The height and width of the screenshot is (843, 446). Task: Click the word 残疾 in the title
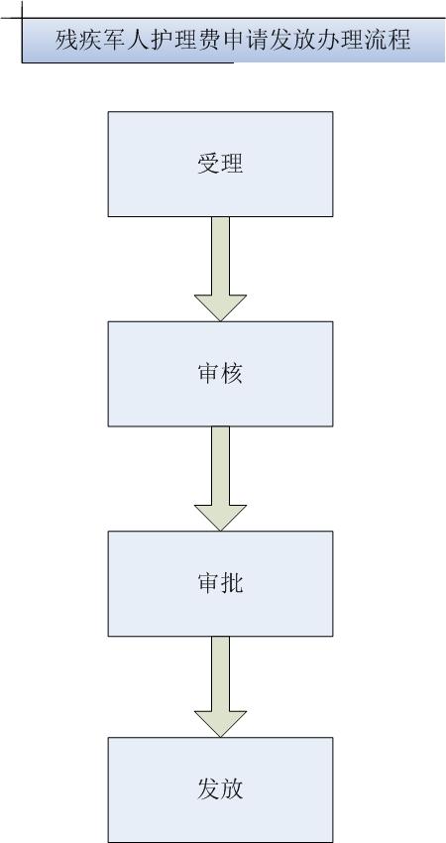click(80, 41)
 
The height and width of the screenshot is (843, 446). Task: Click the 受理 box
click(220, 164)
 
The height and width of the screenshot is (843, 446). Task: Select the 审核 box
click(220, 374)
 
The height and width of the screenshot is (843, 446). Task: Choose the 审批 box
click(220, 583)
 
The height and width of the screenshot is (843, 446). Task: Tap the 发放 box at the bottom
click(220, 789)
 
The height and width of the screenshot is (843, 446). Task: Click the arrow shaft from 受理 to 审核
click(220, 256)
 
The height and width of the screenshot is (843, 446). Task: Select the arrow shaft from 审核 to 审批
click(220, 465)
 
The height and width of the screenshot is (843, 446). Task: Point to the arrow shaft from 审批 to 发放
click(220, 673)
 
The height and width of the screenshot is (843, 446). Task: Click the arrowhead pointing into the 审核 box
click(220, 306)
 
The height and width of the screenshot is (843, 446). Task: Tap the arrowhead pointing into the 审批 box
click(220, 516)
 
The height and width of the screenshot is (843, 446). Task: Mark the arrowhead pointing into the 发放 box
click(220, 722)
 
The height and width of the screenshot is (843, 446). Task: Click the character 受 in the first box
click(208, 164)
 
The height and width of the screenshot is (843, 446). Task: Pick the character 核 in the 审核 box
click(232, 374)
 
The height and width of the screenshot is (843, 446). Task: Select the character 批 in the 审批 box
click(232, 583)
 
